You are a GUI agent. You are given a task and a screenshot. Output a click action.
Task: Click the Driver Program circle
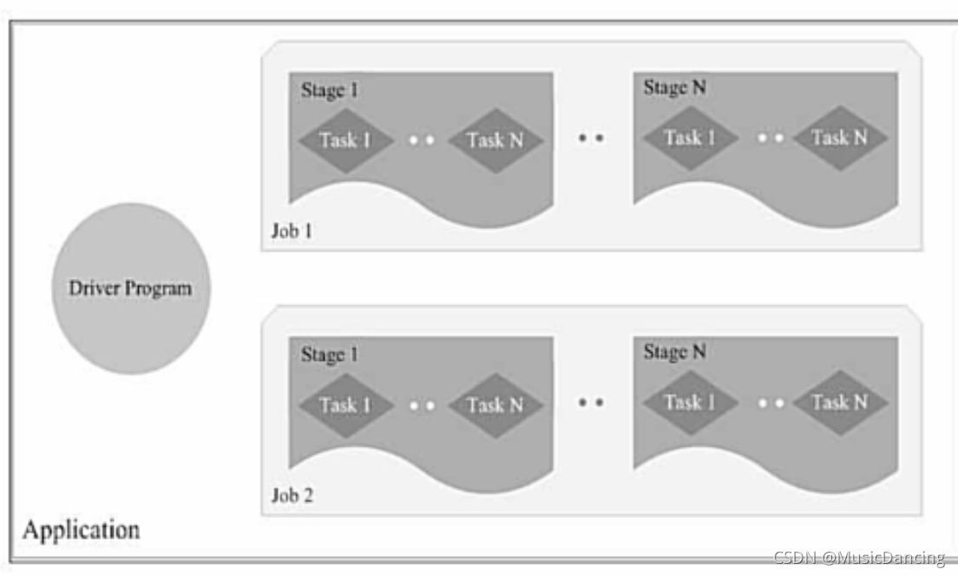tap(131, 289)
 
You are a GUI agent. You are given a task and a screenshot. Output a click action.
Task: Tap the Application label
tap(81, 530)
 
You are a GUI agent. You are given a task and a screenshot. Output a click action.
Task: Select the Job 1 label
tap(292, 232)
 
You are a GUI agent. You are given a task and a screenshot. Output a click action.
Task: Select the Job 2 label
tap(292, 496)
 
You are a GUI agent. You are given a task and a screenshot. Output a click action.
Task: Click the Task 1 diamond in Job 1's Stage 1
tap(345, 140)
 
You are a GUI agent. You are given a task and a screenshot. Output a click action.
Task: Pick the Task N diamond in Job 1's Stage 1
tap(495, 140)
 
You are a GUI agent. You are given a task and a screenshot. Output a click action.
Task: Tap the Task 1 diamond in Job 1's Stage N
tap(690, 137)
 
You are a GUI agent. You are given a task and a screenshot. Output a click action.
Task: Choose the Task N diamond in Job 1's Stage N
tap(839, 137)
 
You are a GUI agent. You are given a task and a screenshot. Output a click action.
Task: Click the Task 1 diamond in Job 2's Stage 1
tap(345, 404)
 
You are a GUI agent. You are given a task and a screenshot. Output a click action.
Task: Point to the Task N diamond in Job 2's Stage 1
tap(495, 404)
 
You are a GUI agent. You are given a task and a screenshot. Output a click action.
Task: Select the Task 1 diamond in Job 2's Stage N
tap(690, 402)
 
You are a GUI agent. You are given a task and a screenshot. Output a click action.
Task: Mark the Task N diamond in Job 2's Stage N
tap(839, 402)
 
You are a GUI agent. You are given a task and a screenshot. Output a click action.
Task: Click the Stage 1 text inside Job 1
tap(330, 89)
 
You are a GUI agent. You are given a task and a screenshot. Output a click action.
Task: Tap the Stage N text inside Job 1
tap(674, 87)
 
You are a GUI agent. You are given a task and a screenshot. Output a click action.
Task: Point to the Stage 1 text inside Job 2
tap(330, 354)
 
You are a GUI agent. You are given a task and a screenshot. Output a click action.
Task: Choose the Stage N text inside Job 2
tap(674, 351)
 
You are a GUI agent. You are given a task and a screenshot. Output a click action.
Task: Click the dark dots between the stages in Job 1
tap(591, 137)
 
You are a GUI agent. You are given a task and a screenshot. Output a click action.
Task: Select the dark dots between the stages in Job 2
tap(591, 402)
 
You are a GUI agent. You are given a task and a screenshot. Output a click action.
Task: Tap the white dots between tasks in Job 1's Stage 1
tap(421, 140)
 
